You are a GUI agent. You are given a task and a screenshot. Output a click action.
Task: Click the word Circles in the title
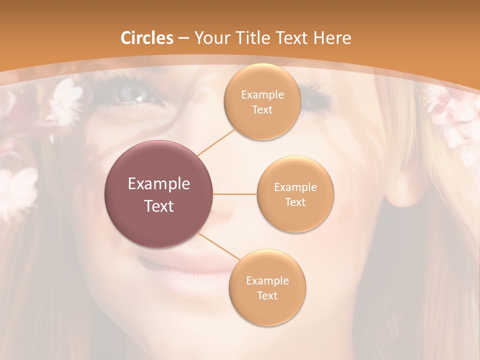click(147, 38)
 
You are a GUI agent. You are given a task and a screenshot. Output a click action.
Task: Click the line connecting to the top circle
click(216, 142)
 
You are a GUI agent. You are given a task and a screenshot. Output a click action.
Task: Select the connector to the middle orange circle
click(235, 194)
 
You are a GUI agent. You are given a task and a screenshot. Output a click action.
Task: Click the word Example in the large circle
click(159, 184)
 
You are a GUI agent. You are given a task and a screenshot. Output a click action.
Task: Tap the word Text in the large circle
click(159, 206)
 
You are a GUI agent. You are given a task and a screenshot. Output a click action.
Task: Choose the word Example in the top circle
click(262, 95)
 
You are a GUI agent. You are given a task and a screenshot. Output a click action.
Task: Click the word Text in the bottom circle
click(267, 295)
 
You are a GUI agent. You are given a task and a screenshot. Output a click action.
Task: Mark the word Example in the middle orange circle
click(295, 187)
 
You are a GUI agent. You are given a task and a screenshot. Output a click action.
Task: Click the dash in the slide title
click(183, 38)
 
